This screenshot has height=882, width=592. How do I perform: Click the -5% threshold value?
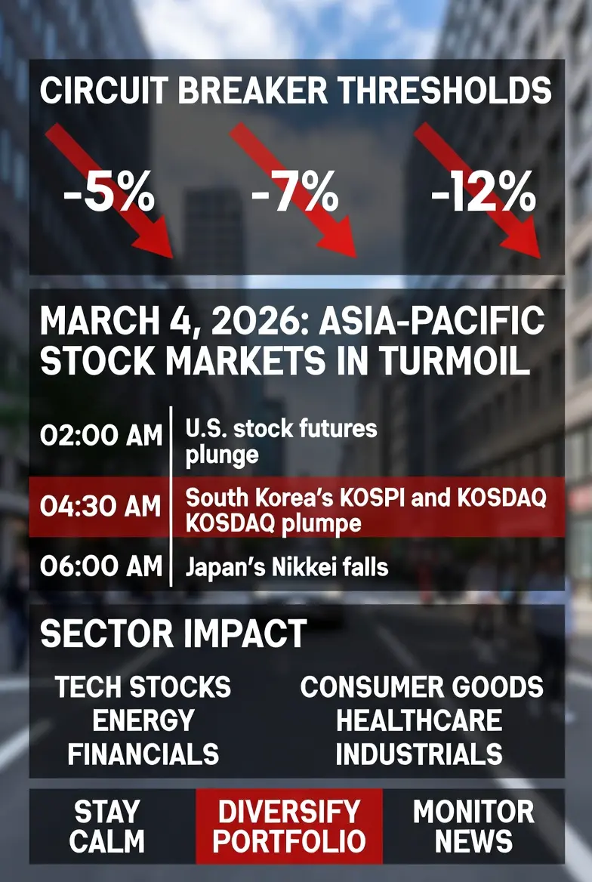109,193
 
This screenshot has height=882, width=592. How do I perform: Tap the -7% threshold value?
294,193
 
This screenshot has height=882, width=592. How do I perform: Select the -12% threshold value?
483,193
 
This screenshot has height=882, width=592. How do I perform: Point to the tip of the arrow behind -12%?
540,258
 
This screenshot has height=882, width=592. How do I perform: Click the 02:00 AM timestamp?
101,436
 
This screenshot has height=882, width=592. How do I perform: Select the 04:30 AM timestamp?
101,506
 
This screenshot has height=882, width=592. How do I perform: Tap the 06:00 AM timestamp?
101,566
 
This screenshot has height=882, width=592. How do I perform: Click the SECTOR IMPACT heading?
174,634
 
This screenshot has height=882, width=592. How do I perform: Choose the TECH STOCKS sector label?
143,687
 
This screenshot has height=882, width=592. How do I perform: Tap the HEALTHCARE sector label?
419,720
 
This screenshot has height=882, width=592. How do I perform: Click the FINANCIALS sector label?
143,754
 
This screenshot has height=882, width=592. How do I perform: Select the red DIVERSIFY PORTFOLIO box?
289,826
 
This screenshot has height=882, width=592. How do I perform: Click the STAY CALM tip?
107,826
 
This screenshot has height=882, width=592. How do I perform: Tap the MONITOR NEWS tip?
473,826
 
